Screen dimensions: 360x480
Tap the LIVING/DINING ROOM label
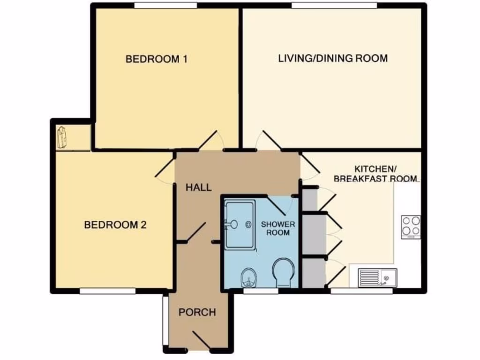[333, 59]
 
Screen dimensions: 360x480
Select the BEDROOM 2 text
[115, 225]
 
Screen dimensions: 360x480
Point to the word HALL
[198, 187]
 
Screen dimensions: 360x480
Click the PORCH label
[197, 312]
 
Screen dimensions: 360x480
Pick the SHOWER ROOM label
[277, 228]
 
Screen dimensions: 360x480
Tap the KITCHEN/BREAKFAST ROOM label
[375, 173]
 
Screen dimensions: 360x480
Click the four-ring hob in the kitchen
[411, 226]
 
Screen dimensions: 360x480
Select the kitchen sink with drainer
[377, 277]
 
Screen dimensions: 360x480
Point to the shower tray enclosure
[240, 225]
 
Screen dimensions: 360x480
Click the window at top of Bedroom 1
[165, 5]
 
